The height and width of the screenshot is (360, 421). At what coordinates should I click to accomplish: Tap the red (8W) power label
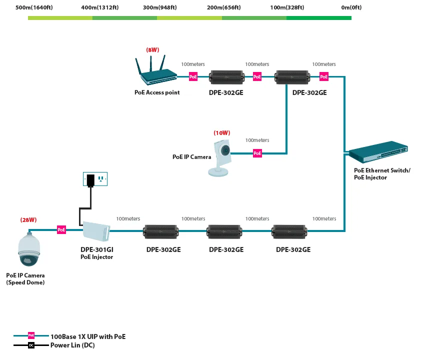click(152, 50)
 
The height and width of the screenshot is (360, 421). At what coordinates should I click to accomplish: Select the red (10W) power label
click(222, 133)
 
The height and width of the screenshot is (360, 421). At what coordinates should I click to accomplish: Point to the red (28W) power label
click(28, 220)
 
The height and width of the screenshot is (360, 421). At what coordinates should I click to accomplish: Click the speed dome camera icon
click(29, 249)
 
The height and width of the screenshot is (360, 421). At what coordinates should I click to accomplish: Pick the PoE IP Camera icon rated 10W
click(220, 158)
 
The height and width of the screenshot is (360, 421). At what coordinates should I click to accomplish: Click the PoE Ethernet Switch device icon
click(378, 151)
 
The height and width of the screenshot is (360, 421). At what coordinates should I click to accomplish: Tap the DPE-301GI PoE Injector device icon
click(96, 231)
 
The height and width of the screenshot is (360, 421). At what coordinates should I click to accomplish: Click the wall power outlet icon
click(95, 179)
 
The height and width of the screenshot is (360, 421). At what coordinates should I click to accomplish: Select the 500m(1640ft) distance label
click(34, 7)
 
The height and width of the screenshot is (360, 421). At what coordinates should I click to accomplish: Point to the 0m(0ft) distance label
click(351, 7)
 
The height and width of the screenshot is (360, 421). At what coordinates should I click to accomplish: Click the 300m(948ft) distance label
click(160, 7)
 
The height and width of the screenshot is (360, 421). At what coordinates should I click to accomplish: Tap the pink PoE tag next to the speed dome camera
click(61, 230)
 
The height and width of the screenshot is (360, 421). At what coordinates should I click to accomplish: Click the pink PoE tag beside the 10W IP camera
click(257, 153)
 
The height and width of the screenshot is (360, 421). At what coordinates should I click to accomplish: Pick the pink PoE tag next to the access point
click(193, 77)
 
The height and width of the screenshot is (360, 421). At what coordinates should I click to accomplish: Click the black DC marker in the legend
click(31, 345)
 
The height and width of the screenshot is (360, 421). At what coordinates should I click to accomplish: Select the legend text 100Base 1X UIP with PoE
click(88, 336)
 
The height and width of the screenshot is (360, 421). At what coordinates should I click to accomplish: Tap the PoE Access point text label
click(157, 92)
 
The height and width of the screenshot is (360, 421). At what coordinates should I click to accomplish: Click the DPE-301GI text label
click(97, 249)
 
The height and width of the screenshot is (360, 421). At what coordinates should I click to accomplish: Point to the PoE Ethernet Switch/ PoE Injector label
click(382, 174)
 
